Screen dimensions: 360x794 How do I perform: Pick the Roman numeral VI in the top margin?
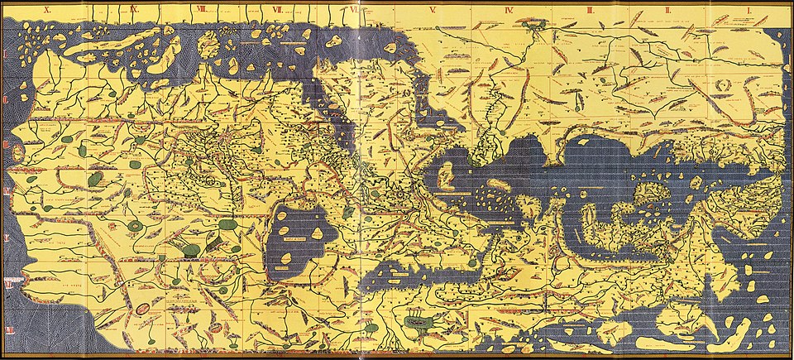point(355,10)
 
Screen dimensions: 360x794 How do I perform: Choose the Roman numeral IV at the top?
point(509,10)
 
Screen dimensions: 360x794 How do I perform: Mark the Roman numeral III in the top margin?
point(590,10)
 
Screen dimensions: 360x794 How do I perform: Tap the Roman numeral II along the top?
point(669,10)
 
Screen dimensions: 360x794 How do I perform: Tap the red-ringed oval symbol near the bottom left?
point(141,309)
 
